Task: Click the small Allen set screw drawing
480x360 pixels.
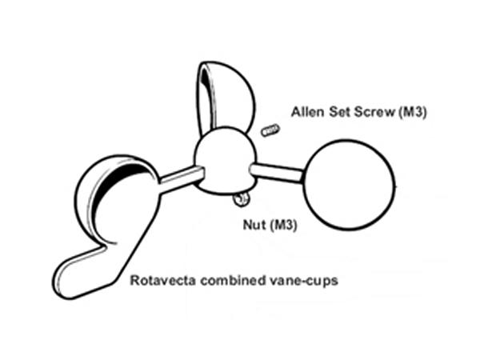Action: pyautogui.click(x=270, y=130)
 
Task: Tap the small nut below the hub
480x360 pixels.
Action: pyautogui.click(x=242, y=199)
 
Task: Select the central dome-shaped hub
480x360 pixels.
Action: pyautogui.click(x=226, y=161)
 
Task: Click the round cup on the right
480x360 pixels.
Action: pyautogui.click(x=348, y=185)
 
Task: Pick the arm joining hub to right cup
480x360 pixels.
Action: pyautogui.click(x=277, y=173)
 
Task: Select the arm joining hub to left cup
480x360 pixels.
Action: pyautogui.click(x=182, y=179)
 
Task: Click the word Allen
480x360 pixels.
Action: pyautogui.click(x=307, y=112)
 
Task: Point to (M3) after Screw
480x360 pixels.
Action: pyautogui.click(x=412, y=112)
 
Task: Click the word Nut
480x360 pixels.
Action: pyautogui.click(x=254, y=225)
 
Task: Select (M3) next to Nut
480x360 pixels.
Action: pyautogui.click(x=283, y=226)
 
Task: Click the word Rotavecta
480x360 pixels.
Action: pyautogui.click(x=163, y=281)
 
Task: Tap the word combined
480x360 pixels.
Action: pyautogui.click(x=233, y=281)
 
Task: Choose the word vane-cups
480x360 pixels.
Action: pyautogui.click(x=304, y=281)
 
